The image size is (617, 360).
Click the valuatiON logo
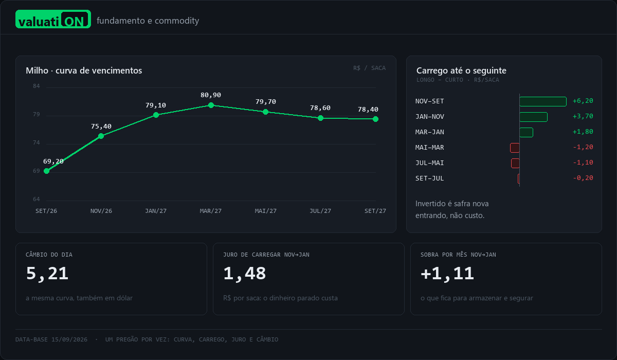[53, 19]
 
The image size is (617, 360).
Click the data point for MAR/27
[211, 105]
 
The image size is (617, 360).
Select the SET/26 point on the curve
[47, 171]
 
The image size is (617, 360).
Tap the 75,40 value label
[101, 127]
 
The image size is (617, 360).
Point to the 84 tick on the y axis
[37, 86]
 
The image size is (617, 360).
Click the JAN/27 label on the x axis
[156, 211]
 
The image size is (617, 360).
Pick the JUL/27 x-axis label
[320, 211]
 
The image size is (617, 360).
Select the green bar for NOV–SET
[543, 101]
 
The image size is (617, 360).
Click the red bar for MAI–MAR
[515, 148]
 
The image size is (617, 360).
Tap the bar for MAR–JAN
[527, 132]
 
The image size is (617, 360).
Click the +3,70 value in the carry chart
[583, 116]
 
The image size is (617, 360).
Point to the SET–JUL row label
[430, 178]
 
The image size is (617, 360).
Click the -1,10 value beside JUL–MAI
[583, 163]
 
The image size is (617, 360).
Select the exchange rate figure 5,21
[47, 274]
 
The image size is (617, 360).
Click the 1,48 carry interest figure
[245, 274]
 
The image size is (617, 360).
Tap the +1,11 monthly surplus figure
[447, 274]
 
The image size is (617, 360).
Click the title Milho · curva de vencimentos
[84, 70]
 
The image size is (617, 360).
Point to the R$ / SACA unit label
[369, 68]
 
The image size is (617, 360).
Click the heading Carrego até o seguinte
[461, 70]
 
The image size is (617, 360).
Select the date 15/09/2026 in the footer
[69, 339]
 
